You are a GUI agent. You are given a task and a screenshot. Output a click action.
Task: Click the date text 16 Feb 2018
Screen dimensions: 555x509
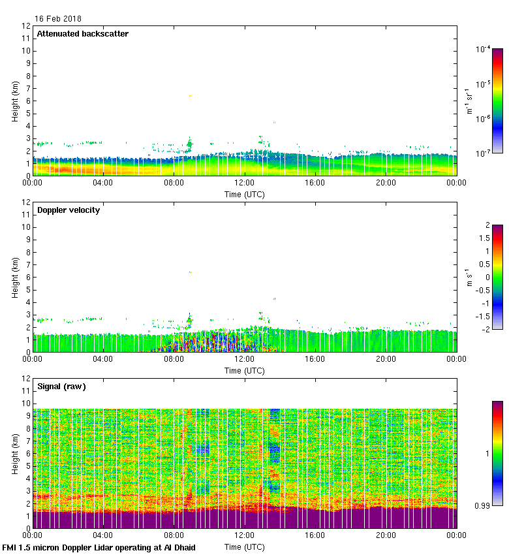click(x=58, y=19)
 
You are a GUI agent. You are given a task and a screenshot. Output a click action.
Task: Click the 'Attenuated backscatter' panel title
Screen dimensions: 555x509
click(x=82, y=34)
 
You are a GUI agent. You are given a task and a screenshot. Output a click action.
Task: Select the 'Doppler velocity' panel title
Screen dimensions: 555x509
click(x=68, y=210)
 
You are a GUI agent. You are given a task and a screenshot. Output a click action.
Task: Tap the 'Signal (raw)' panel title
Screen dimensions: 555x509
click(x=61, y=387)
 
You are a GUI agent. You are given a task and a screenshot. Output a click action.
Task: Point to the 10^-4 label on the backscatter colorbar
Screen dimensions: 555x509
click(x=483, y=50)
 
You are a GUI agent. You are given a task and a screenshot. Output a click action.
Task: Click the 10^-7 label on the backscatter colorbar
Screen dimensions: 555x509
click(x=483, y=153)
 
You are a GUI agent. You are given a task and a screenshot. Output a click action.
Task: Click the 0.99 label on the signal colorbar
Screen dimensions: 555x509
click(x=484, y=505)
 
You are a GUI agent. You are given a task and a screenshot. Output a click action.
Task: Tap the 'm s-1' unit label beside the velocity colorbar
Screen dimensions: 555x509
click(x=469, y=277)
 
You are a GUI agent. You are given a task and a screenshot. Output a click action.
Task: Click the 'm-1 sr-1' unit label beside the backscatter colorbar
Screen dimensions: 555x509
click(x=469, y=101)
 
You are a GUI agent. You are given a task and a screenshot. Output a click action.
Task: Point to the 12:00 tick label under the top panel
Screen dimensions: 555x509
click(x=245, y=183)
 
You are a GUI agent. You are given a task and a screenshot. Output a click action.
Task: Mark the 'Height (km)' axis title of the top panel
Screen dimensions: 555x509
click(x=14, y=101)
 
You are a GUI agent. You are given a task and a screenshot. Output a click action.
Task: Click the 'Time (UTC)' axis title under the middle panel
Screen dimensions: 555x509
click(x=245, y=370)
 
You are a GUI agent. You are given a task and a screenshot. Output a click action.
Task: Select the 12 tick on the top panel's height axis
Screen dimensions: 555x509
click(x=27, y=26)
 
